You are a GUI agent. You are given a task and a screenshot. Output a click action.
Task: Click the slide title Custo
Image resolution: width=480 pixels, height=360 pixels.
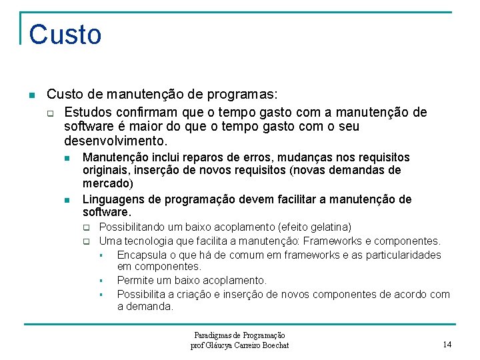pos(65,35)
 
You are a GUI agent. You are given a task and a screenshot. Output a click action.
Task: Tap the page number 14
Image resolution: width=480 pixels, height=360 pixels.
pos(447,344)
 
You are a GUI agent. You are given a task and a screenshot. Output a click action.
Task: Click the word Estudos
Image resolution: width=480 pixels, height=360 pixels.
pos(87,112)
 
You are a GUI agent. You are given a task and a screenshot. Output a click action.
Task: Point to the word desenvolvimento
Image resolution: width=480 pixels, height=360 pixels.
pos(115,141)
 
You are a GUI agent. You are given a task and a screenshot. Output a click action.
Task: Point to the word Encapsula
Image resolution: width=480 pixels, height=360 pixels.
pos(141,255)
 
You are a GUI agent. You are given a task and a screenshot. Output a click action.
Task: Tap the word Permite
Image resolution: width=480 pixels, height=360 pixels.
pos(135,281)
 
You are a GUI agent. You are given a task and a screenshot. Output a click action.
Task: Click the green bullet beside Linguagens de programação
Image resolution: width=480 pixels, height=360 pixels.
pos(67,200)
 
